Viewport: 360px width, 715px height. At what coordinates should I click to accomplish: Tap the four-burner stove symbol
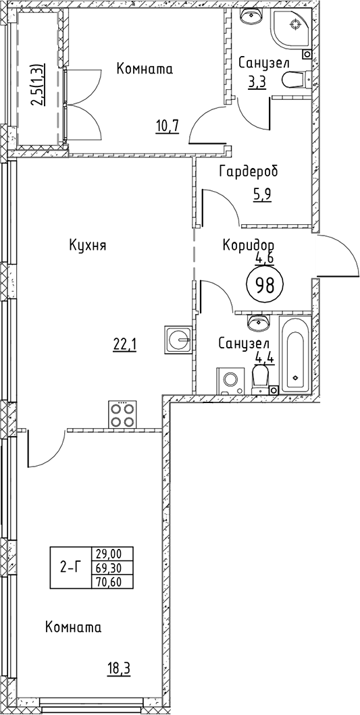tap(123, 415)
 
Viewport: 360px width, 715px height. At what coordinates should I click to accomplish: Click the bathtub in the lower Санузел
tap(295, 357)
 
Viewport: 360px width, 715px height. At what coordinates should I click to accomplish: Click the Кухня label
tap(88, 245)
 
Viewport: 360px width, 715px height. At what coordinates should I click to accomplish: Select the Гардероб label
tap(248, 171)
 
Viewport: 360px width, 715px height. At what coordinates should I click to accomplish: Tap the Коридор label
tap(249, 245)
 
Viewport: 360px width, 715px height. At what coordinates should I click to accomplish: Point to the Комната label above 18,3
tap(73, 628)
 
